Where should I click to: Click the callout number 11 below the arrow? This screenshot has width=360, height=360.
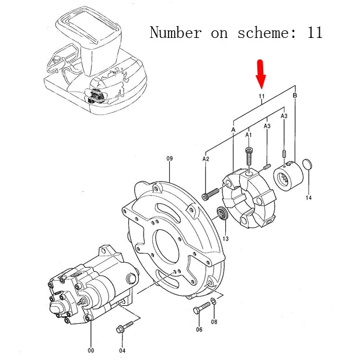(x=261, y=96)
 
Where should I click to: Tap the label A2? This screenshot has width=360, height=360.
(x=206, y=158)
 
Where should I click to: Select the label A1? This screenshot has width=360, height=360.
(x=249, y=135)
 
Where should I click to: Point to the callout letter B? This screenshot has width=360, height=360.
(x=295, y=95)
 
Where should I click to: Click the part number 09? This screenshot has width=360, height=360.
(x=170, y=158)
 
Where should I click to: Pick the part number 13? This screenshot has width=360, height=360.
(x=225, y=239)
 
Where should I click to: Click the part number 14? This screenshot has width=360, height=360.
(x=309, y=198)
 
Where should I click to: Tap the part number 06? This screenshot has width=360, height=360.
(x=199, y=330)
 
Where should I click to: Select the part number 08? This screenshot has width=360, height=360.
(x=214, y=321)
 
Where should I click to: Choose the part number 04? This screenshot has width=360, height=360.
(x=122, y=351)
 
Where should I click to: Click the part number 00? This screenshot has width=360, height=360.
(x=90, y=351)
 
